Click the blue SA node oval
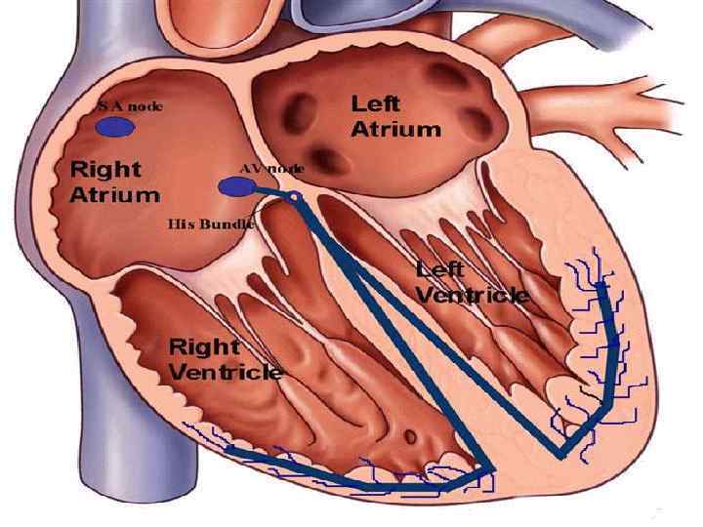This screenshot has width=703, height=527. click(114, 127)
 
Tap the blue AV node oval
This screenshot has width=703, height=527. click(234, 186)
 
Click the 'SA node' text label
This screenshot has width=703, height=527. click(129, 105)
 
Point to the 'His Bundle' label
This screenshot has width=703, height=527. click(211, 223)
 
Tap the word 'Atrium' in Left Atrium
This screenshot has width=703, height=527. click(395, 128)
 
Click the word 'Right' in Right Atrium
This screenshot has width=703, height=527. click(104, 170)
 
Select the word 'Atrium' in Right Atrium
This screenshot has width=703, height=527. click(114, 193)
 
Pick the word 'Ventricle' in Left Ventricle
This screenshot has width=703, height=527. click(474, 294)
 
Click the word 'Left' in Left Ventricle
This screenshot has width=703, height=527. click(440, 268)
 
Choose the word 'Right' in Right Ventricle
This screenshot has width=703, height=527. click(205, 346)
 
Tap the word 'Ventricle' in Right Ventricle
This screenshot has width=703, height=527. click(226, 372)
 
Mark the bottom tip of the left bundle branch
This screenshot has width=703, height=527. click(562, 452)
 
